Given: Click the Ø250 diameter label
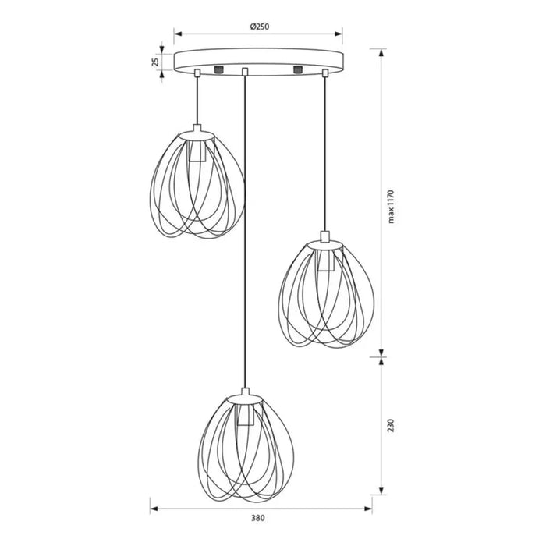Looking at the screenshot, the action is coord(260,27).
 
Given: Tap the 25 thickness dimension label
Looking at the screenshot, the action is coord(156,62).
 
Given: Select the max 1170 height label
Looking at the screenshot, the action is coord(391,207).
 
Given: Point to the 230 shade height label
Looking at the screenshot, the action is coord(391,426).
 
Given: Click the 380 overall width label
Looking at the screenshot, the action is coord(257,518).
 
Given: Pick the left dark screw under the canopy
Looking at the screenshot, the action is coord(218,69).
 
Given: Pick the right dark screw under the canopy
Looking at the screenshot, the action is coord(298,69).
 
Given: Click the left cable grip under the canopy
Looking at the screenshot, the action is coord(197,73).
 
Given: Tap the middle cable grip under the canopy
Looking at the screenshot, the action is coord(245,72).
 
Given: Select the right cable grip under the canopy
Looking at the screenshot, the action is coord(325,73).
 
